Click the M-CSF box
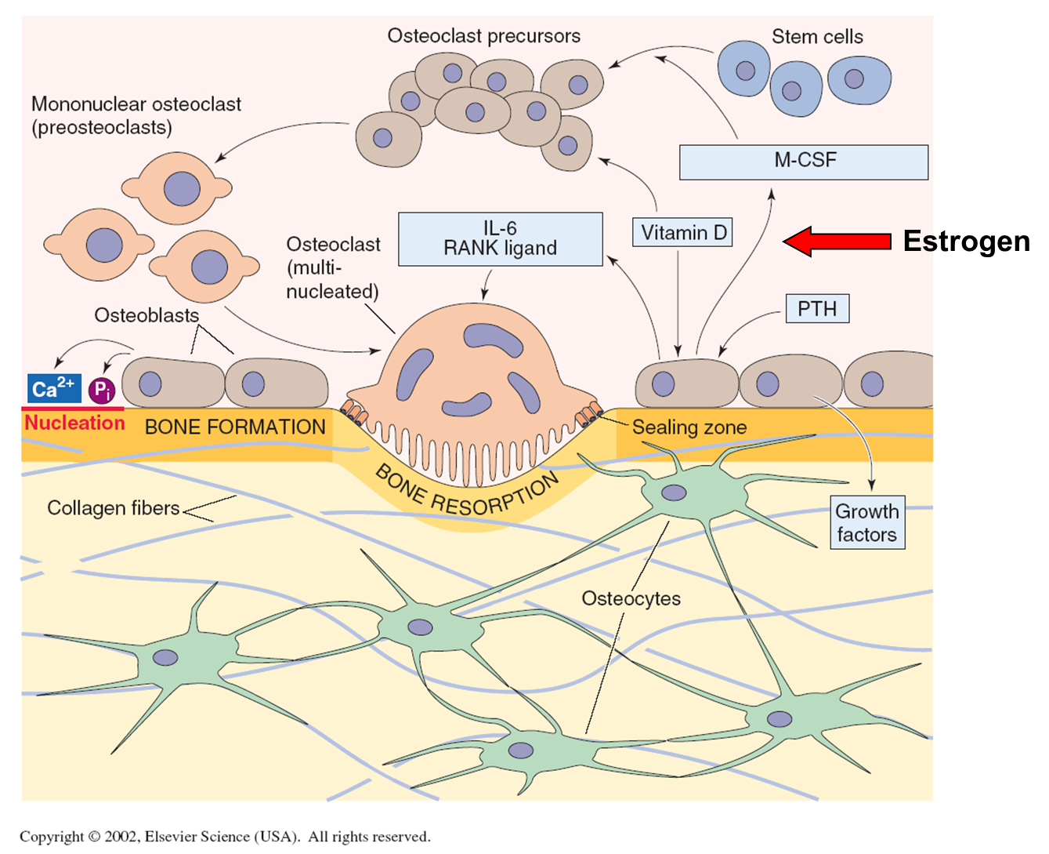click(x=804, y=162)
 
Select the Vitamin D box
click(x=682, y=233)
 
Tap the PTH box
click(x=817, y=309)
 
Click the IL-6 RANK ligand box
click(x=500, y=238)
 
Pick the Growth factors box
click(x=867, y=522)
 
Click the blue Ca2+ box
click(x=53, y=388)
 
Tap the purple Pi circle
click(x=102, y=390)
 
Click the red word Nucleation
click(x=74, y=423)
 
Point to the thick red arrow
click(x=837, y=241)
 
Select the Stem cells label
click(x=817, y=37)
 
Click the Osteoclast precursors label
click(x=483, y=36)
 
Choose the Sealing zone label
click(x=689, y=427)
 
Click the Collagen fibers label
click(x=114, y=508)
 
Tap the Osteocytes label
click(x=631, y=598)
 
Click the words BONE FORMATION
click(x=235, y=427)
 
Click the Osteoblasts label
click(x=146, y=315)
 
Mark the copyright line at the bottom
click(x=225, y=836)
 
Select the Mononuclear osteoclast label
click(x=136, y=115)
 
